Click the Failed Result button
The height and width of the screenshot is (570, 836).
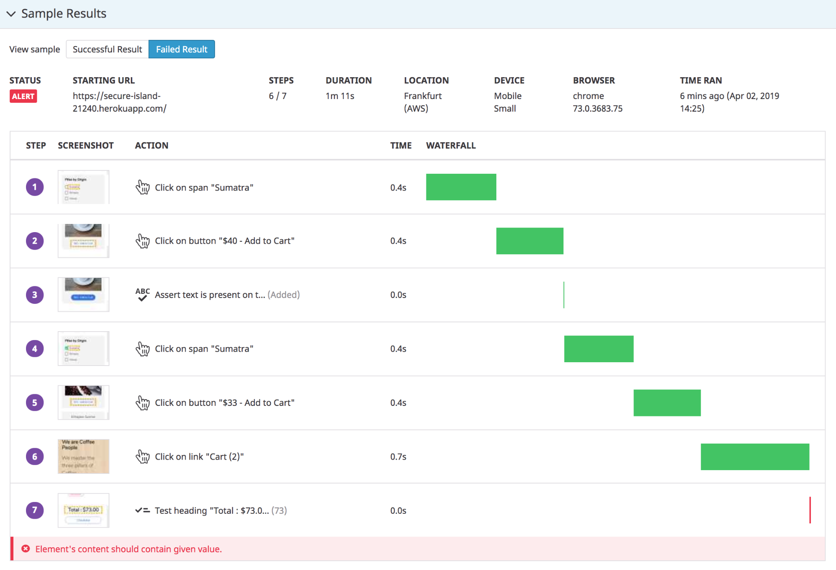[x=182, y=50]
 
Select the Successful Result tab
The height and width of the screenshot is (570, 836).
[x=107, y=50]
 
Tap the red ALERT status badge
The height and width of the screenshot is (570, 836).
[x=23, y=97]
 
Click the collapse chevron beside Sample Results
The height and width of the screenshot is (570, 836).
[x=11, y=14]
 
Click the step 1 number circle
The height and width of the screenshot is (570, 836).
[x=35, y=187]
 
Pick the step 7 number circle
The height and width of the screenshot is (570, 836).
[x=35, y=510]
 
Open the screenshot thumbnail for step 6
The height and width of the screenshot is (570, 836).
[x=83, y=456]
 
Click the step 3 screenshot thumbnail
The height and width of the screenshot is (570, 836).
[x=83, y=295]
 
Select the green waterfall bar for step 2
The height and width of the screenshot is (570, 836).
[x=530, y=241]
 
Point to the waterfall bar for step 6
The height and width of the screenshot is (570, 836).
[x=755, y=457]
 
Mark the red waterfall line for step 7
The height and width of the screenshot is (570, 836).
[x=810, y=510]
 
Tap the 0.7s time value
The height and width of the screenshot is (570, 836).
[x=398, y=457]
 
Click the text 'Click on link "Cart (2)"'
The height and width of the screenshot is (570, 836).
[x=199, y=457]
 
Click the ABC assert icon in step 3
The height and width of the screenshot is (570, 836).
[x=143, y=294]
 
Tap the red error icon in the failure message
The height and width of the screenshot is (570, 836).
[x=26, y=549]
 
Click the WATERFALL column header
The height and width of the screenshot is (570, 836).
[x=451, y=146]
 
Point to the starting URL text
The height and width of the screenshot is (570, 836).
[x=119, y=102]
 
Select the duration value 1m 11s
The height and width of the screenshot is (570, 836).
[x=340, y=96]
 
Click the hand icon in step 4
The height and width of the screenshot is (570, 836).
[x=143, y=349]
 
